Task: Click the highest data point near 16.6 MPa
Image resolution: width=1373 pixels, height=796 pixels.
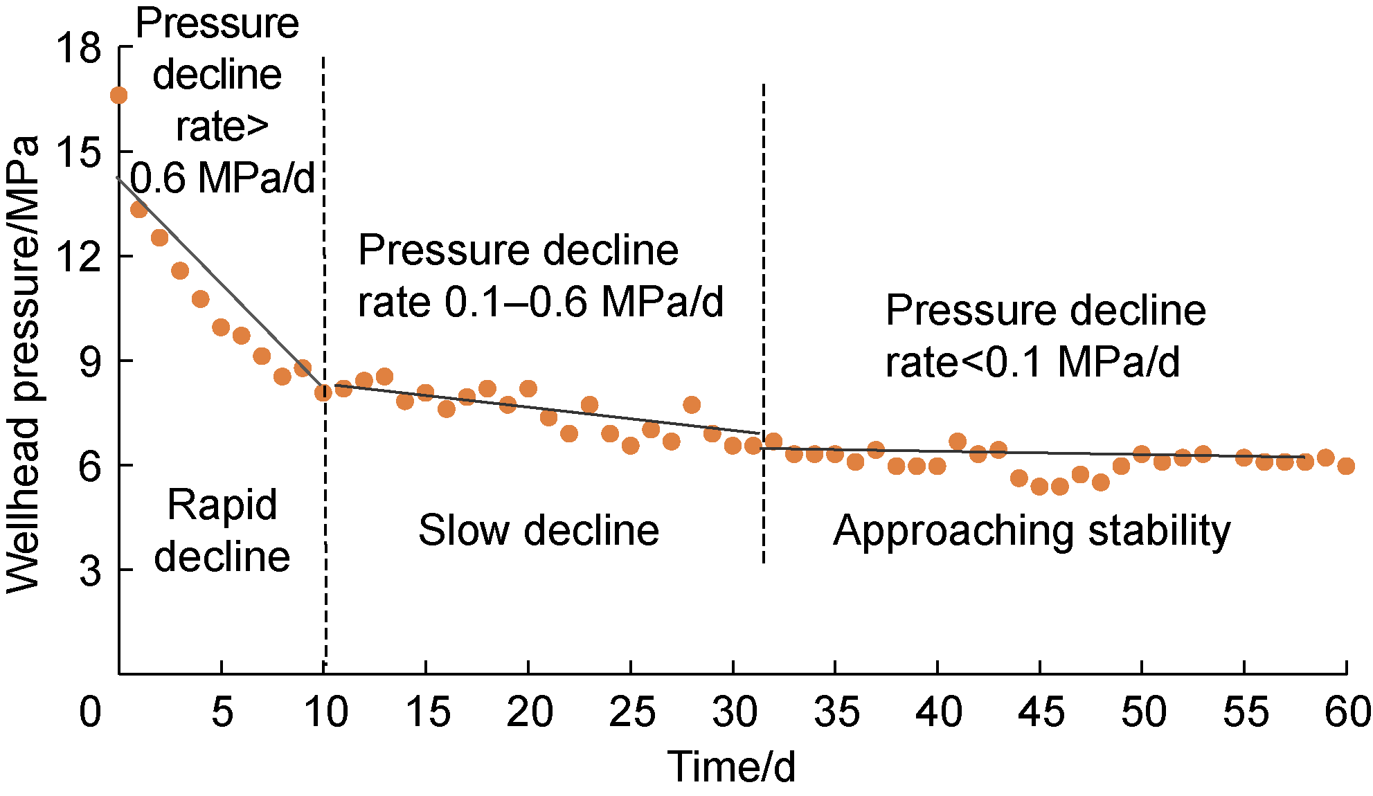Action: [118, 96]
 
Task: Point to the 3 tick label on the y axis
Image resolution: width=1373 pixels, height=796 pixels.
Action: [90, 572]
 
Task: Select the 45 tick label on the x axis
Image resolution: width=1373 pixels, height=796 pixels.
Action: [1041, 712]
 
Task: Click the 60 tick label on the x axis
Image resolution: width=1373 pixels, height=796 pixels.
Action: [1347, 712]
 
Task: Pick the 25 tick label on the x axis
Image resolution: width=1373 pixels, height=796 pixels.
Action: [631, 712]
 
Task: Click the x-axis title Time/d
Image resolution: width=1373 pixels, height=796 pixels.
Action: [731, 767]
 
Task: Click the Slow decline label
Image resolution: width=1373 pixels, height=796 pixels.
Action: [539, 531]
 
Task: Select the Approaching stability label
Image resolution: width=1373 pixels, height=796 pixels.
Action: [1032, 531]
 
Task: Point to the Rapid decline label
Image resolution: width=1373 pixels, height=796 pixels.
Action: [222, 530]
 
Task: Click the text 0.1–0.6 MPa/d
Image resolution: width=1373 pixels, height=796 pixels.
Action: [584, 302]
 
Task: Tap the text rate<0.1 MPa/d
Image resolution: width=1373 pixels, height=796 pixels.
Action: [1032, 362]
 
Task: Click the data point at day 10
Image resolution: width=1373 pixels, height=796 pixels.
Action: [323, 392]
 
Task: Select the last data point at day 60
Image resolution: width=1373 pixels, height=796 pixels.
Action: [1346, 466]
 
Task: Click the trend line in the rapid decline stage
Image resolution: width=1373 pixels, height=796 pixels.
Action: [222, 284]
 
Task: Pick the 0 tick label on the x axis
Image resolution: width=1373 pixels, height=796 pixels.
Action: [90, 712]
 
